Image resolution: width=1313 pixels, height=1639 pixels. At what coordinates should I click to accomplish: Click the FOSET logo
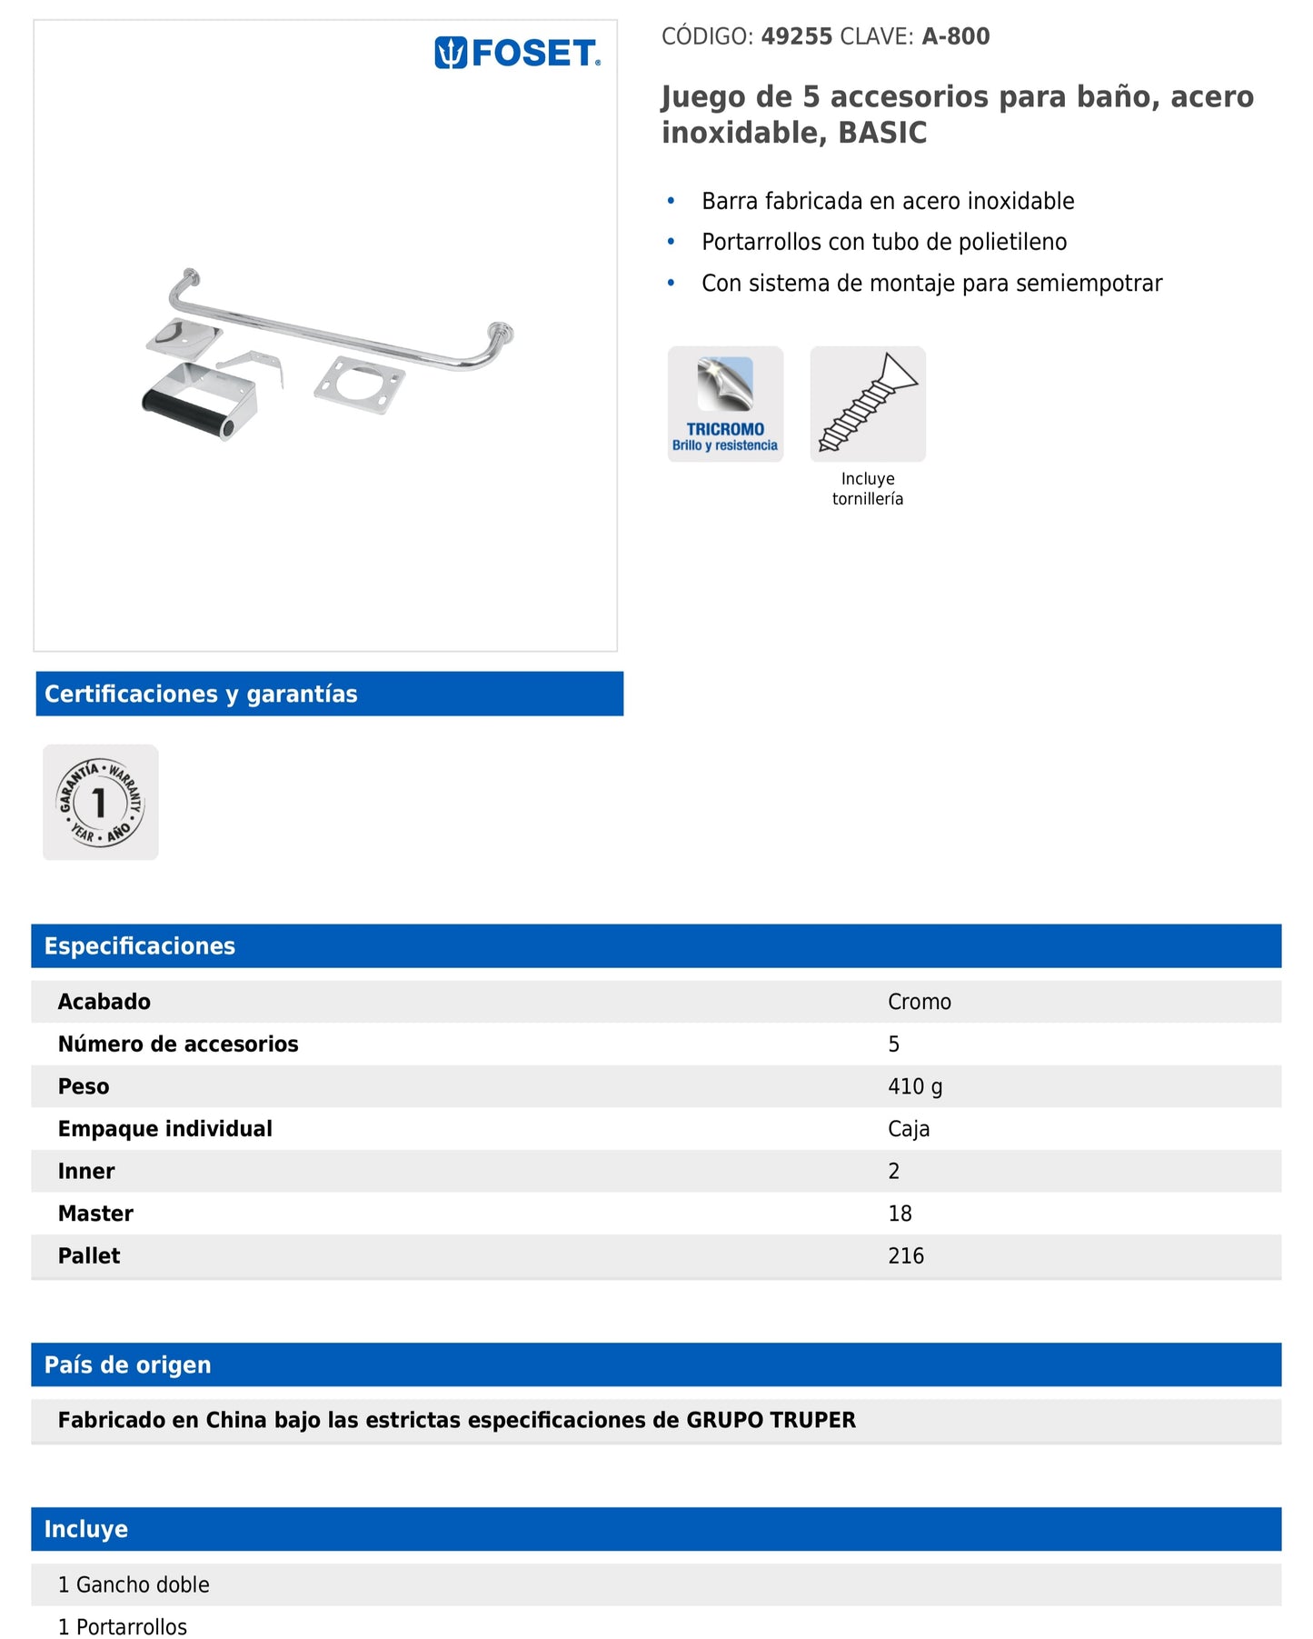click(518, 54)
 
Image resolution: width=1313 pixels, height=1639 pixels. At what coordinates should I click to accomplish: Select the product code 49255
click(797, 36)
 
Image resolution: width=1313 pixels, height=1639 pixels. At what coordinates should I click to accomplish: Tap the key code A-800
click(956, 36)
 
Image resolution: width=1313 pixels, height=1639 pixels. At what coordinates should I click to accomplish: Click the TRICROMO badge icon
click(725, 404)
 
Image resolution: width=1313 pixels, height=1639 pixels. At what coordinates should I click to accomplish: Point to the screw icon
click(868, 404)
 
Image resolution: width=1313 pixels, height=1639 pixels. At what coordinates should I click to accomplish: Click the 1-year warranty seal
click(101, 802)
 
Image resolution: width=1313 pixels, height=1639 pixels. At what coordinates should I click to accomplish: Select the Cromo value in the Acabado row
click(920, 1002)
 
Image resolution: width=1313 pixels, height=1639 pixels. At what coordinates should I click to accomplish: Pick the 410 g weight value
click(915, 1086)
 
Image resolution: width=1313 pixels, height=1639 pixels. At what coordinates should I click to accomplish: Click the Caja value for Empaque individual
click(909, 1129)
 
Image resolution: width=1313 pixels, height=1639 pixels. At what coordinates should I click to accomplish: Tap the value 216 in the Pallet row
click(906, 1256)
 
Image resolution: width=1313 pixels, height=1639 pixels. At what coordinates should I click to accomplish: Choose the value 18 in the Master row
click(900, 1214)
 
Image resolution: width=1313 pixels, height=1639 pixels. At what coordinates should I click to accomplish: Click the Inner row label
click(86, 1171)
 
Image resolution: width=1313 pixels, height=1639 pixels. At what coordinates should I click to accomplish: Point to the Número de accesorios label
click(178, 1044)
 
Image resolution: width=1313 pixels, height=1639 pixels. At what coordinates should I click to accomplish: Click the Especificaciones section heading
click(140, 946)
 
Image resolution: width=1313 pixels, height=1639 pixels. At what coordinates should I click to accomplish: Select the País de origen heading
click(128, 1364)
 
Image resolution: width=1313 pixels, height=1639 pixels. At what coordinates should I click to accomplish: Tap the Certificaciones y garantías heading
click(201, 694)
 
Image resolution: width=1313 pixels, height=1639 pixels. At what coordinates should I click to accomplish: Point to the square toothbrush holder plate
click(359, 385)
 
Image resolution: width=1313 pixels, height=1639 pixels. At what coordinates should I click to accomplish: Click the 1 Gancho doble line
click(134, 1584)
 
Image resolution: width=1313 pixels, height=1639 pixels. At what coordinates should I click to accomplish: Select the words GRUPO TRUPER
click(771, 1420)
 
